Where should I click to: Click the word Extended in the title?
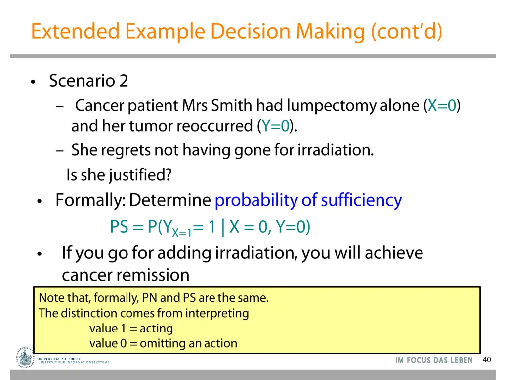pos(75,31)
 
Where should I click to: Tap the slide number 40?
pos(487,360)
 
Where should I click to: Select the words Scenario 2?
pos(88,80)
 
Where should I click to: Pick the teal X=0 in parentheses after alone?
pos(442,105)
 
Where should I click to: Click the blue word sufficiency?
pos(361,200)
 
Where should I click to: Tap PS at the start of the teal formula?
pos(119,227)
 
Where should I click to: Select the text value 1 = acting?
pos(131,328)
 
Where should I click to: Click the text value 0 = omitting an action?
pos(163,343)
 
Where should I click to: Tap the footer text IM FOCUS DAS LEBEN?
pos(434,360)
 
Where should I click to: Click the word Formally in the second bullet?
pos(89,200)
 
